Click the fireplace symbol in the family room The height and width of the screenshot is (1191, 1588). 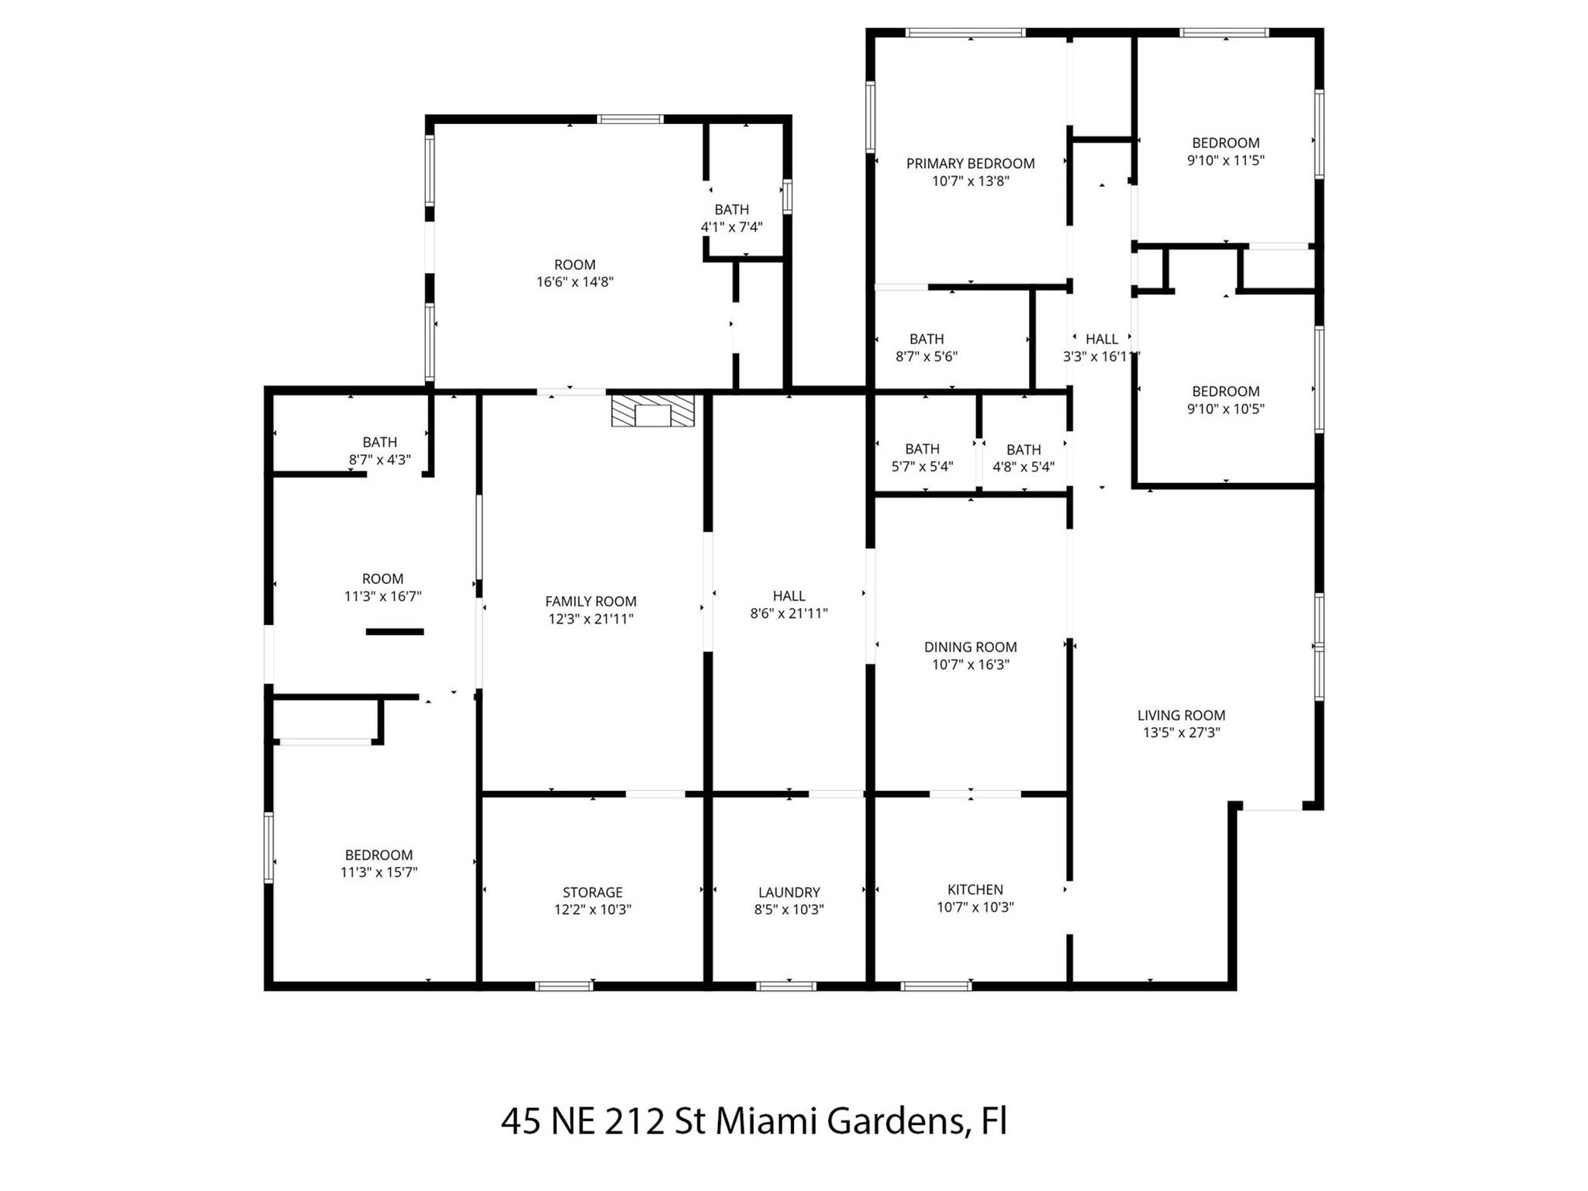[652, 411]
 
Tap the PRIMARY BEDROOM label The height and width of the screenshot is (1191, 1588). [970, 164]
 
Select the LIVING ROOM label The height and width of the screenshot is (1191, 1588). [1181, 716]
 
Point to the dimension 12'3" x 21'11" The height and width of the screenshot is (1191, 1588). [590, 619]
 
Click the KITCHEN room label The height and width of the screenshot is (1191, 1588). [975, 889]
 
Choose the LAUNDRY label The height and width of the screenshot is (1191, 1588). [789, 892]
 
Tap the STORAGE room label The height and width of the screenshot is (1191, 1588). [592, 892]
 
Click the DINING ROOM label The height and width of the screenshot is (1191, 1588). [970, 647]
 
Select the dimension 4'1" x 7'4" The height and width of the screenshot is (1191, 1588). [731, 227]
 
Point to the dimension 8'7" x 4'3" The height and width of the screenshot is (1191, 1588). [379, 460]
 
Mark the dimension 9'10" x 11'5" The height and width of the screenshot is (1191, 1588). [1225, 161]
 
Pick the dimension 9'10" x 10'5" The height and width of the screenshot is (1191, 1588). [1225, 409]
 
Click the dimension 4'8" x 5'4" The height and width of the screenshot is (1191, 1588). [1023, 467]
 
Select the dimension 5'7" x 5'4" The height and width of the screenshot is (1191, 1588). [922, 467]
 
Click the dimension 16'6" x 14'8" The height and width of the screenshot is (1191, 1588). [575, 282]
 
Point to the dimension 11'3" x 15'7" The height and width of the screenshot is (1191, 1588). [378, 872]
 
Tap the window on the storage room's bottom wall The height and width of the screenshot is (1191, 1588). [564, 986]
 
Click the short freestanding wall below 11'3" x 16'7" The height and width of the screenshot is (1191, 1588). [395, 632]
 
